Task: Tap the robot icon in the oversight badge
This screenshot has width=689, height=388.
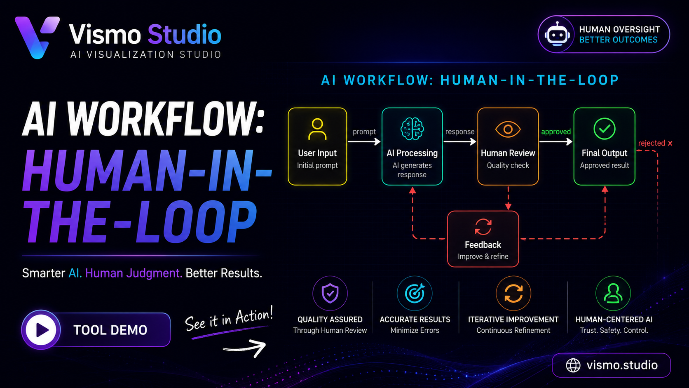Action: [x=557, y=35]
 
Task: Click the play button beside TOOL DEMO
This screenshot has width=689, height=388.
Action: [x=41, y=330]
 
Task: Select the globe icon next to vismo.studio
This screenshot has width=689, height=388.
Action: [x=573, y=366]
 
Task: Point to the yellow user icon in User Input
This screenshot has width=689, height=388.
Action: [x=317, y=129]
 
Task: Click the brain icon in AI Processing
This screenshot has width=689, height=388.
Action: [x=412, y=129]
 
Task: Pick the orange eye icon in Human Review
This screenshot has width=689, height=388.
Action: [x=508, y=129]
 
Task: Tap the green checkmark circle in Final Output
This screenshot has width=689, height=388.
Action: [x=605, y=129]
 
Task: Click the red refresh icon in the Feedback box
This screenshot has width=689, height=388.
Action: [x=483, y=227]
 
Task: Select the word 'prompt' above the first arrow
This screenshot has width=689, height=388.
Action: [x=364, y=132]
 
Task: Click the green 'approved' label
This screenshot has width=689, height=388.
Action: [x=556, y=132]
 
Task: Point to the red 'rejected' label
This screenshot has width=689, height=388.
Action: [x=652, y=143]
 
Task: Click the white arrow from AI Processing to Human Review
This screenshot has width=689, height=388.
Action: [x=460, y=142]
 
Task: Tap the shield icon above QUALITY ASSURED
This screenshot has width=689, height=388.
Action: [x=330, y=293]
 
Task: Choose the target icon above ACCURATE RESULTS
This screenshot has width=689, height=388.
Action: [x=415, y=293]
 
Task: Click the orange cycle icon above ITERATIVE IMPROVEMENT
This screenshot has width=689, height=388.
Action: [x=513, y=293]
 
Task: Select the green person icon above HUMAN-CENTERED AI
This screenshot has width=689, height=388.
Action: [x=613, y=293]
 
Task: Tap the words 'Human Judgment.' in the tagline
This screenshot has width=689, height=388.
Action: [x=134, y=273]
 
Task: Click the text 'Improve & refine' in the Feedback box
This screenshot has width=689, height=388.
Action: [x=483, y=256]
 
